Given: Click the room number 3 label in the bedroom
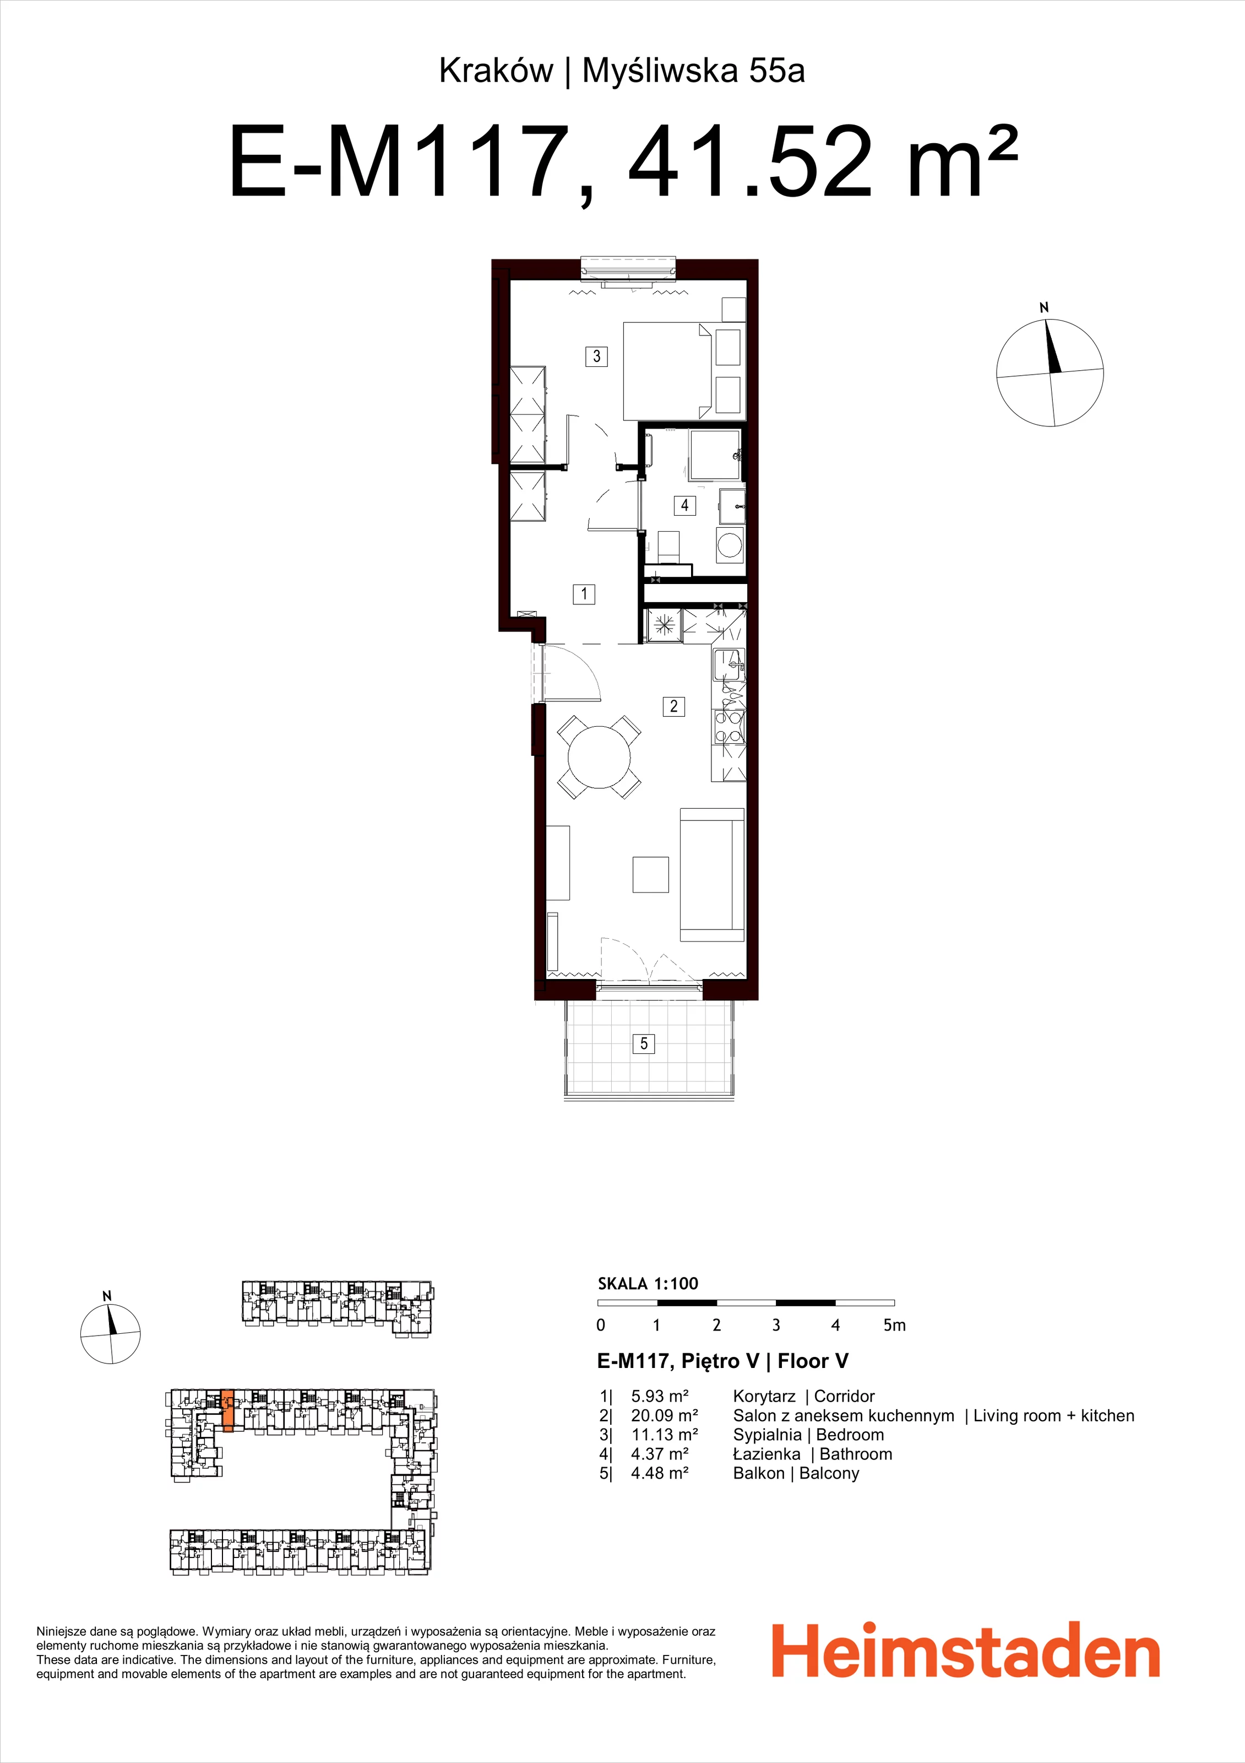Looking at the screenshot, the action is coord(596,356).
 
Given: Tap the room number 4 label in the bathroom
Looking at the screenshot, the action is coord(684,505).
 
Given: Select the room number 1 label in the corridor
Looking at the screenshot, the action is coord(584,593).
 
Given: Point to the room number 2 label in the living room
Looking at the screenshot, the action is coord(674,706).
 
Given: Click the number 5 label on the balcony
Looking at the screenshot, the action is coord(644,1043).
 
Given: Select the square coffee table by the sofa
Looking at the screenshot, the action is coord(651,874).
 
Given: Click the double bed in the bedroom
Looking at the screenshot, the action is coord(667,371).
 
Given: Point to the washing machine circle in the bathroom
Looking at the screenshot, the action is coord(729,546).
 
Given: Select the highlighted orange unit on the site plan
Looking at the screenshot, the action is coord(227,1410).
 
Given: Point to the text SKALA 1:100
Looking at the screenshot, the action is coord(648,1283).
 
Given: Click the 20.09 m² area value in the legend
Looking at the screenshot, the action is coord(665,1415).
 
